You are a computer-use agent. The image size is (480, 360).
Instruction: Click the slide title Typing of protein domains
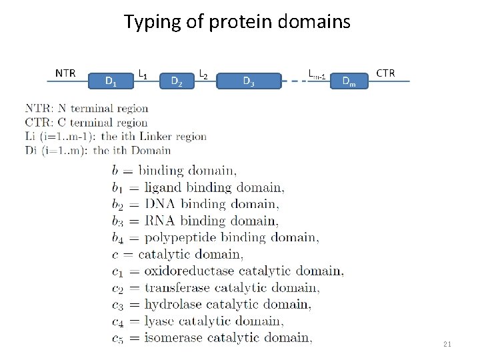[237, 22]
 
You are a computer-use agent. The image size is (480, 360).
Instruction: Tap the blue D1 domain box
[111, 81]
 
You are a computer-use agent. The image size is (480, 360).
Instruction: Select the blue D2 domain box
[177, 81]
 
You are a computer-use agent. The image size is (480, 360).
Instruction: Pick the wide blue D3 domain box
[248, 81]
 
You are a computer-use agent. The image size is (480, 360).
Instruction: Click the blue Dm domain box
[348, 81]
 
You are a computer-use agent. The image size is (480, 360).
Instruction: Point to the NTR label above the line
[65, 73]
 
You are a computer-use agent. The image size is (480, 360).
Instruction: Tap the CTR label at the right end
[385, 73]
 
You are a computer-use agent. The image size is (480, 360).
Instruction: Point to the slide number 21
[447, 344]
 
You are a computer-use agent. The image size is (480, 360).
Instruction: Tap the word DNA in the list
[160, 204]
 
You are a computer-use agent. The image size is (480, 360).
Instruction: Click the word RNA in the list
[160, 221]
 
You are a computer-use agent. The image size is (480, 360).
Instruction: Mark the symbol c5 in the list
[117, 339]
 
